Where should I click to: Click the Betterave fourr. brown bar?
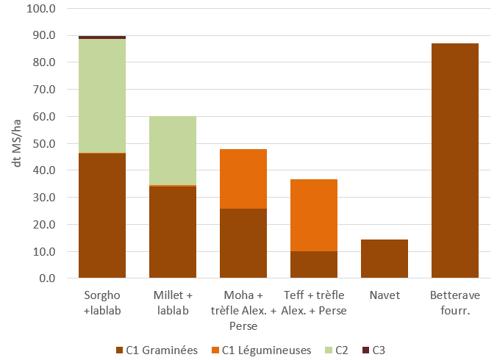click(454, 161)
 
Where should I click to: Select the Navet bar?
click(384, 259)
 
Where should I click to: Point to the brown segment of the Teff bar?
click(313, 264)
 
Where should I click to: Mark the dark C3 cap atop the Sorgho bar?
click(101, 37)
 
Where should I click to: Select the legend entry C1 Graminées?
click(157, 350)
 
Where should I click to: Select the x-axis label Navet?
click(384, 296)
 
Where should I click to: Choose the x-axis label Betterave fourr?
click(454, 303)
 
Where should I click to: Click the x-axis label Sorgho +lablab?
click(101, 303)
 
